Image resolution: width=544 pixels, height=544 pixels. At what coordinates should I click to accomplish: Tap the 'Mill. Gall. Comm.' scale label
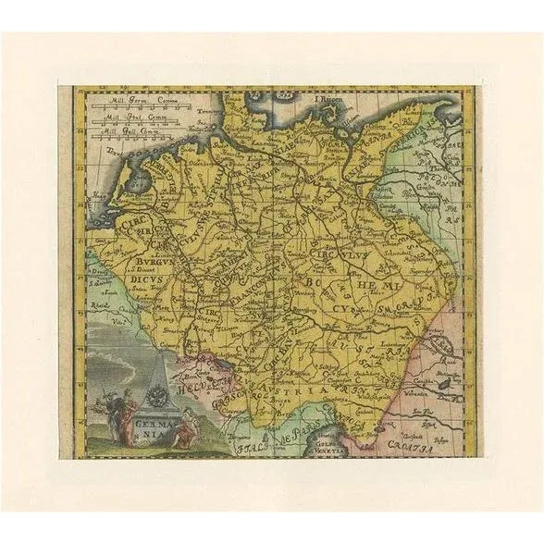coord(140,129)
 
